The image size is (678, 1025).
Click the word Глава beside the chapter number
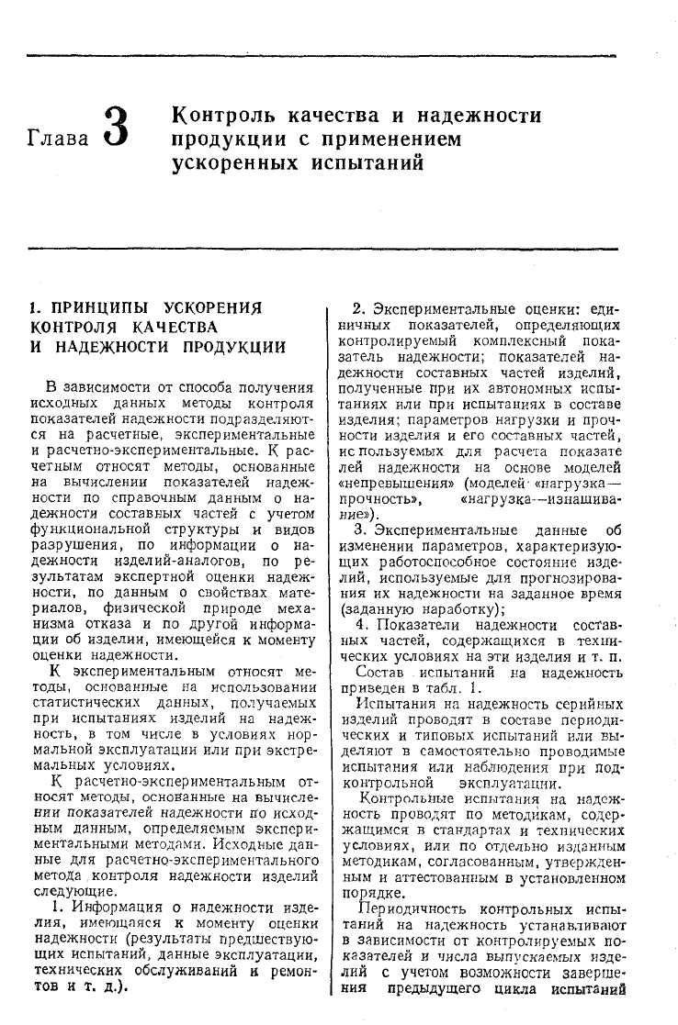60,139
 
